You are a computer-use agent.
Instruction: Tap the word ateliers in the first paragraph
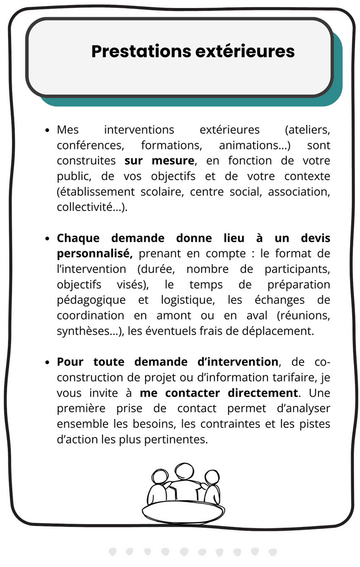pyautogui.click(x=307, y=130)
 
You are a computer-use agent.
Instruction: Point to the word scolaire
pyautogui.click(x=161, y=192)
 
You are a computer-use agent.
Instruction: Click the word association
pyautogui.click(x=299, y=192)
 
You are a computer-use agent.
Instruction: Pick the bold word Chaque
pyautogui.click(x=78, y=239)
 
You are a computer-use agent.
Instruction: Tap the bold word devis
pyautogui.click(x=313, y=239)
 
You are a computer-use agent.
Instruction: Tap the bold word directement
pyautogui.click(x=263, y=394)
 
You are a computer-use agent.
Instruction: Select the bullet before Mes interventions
pyautogui.click(x=47, y=131)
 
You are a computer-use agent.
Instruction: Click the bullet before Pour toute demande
pyautogui.click(x=47, y=363)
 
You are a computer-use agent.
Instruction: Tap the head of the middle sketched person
pyautogui.click(x=183, y=472)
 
